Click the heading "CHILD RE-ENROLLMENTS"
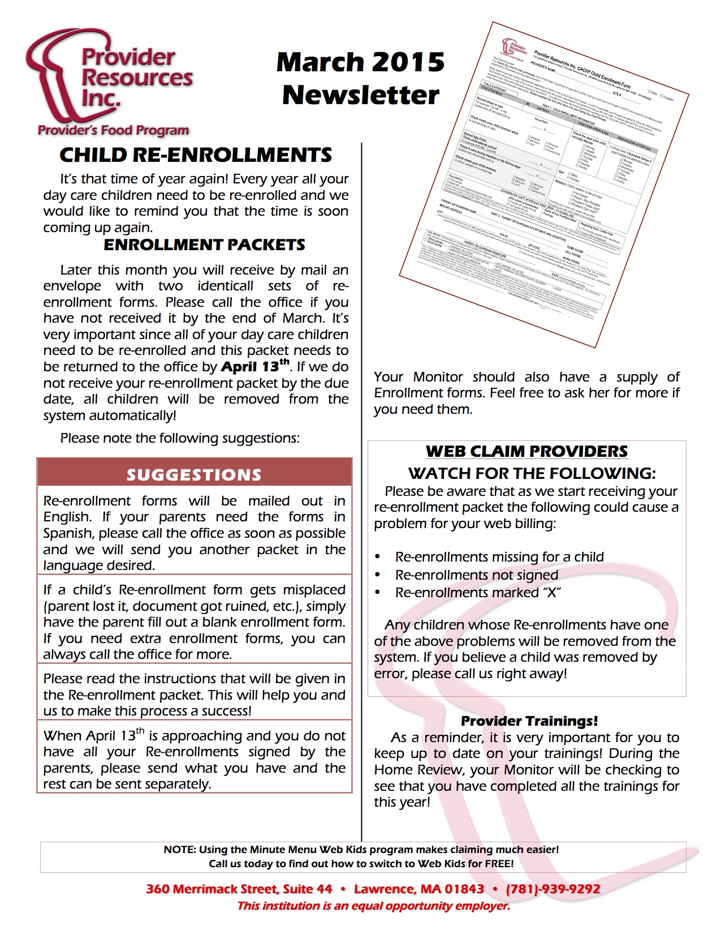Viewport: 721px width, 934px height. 196,155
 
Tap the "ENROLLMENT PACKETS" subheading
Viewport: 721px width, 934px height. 204,245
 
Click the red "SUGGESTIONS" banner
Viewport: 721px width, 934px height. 194,474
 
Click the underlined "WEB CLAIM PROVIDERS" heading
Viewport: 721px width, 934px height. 526,451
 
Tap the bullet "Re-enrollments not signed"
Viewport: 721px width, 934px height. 476,575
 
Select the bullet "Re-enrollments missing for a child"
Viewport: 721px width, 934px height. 499,557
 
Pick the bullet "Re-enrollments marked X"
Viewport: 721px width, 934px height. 478,592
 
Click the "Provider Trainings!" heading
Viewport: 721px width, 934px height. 529,721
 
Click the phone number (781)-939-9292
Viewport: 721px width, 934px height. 552,889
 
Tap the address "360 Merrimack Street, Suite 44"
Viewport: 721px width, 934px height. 239,889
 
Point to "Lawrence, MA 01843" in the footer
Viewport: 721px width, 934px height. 418,889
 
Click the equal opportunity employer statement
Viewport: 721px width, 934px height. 373,906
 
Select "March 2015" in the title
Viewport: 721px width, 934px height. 361,62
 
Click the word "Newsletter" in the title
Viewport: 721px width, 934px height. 361,95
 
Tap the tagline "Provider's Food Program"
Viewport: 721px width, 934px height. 113,130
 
